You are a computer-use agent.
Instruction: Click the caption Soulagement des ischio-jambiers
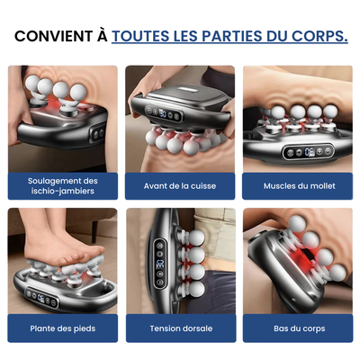coord(63,185)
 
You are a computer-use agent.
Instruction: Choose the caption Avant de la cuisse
coord(180,185)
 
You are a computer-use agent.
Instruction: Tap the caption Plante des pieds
coord(63,328)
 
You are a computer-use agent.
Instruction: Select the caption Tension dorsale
coord(180,328)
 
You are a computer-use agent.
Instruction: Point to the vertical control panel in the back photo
coord(159,261)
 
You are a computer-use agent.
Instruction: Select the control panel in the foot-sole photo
coord(45,293)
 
